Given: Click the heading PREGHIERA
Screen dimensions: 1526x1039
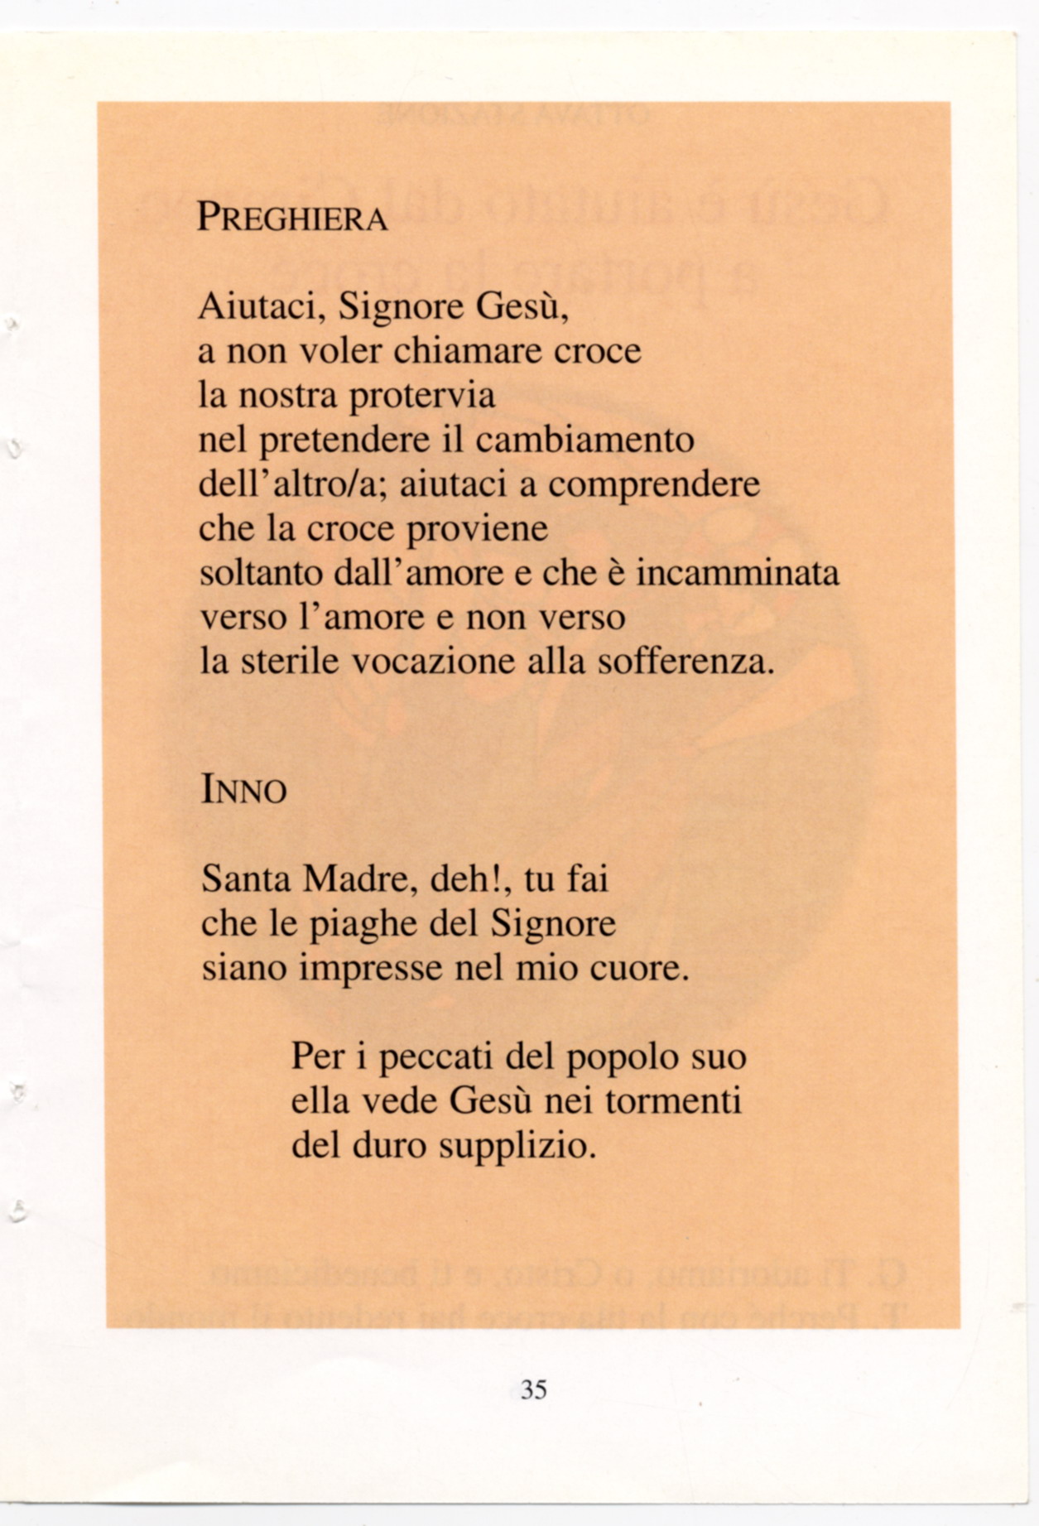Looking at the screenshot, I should (292, 218).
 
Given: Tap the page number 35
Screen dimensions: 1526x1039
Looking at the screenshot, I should (534, 1389).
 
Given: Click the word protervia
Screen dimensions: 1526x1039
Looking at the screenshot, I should (422, 396).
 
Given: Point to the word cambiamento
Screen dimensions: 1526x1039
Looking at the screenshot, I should (584, 439).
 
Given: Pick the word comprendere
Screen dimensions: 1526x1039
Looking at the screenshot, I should (654, 485).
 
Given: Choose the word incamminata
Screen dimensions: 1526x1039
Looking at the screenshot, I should (738, 573).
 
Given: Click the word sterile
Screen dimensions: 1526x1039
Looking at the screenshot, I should (290, 662).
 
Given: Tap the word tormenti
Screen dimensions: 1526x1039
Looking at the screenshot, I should (673, 1101).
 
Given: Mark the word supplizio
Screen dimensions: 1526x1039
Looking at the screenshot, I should (517, 1147).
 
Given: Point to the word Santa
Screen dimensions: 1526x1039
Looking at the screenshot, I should (247, 879).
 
